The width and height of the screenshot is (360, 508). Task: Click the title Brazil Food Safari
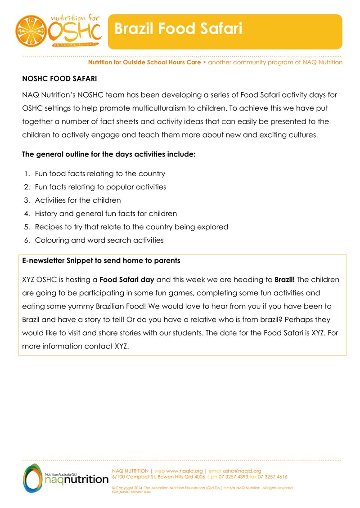tap(178, 29)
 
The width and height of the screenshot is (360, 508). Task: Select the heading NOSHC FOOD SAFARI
tap(59, 79)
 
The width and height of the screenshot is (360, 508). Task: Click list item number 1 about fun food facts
tap(100, 174)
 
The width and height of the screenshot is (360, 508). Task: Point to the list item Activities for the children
tap(78, 200)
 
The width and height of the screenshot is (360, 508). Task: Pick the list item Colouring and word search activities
tap(99, 240)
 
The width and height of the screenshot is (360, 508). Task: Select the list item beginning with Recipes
tap(131, 227)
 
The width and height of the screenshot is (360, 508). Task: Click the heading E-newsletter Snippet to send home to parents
tap(101, 260)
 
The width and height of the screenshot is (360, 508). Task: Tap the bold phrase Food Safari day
tap(127, 280)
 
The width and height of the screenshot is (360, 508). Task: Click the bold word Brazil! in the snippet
tap(284, 280)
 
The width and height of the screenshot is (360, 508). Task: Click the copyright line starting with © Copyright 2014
tap(202, 488)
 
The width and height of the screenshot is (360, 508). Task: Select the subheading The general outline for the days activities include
tap(109, 154)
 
